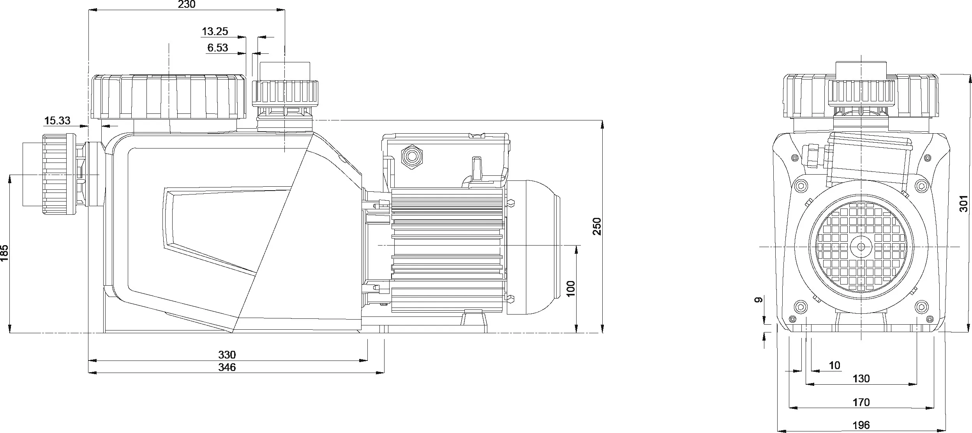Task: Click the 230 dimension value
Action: coord(187,4)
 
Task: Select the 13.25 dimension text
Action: coord(215,31)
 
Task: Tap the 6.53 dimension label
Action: coord(217,48)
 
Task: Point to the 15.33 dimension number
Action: coord(57,120)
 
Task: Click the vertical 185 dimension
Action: coord(4,253)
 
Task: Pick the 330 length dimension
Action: coord(227,355)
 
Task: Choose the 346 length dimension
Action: coord(227,367)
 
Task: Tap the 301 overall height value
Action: coord(963,203)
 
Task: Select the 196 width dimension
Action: coord(861,425)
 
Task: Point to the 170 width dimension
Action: coord(861,402)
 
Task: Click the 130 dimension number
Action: coord(861,379)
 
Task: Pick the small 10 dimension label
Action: coord(834,366)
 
